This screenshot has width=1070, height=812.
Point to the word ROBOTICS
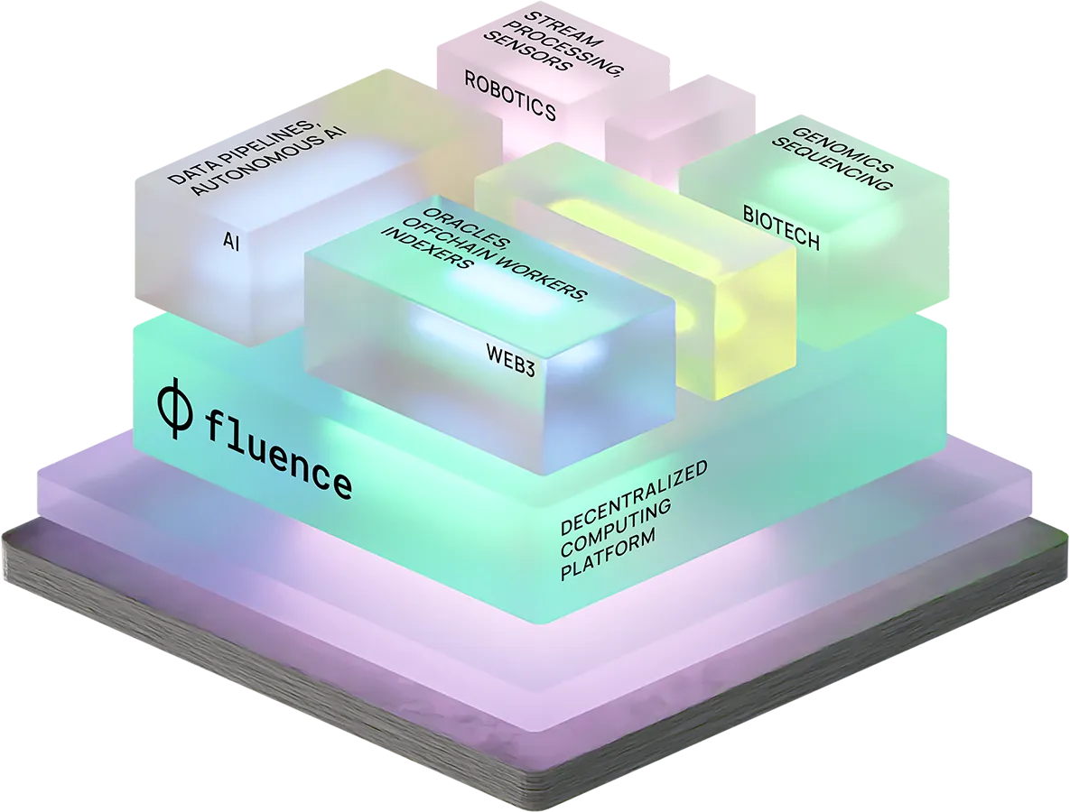pyautogui.click(x=510, y=96)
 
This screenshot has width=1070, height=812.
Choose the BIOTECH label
pyautogui.click(x=781, y=227)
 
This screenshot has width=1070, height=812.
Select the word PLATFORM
pyautogui.click(x=607, y=556)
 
